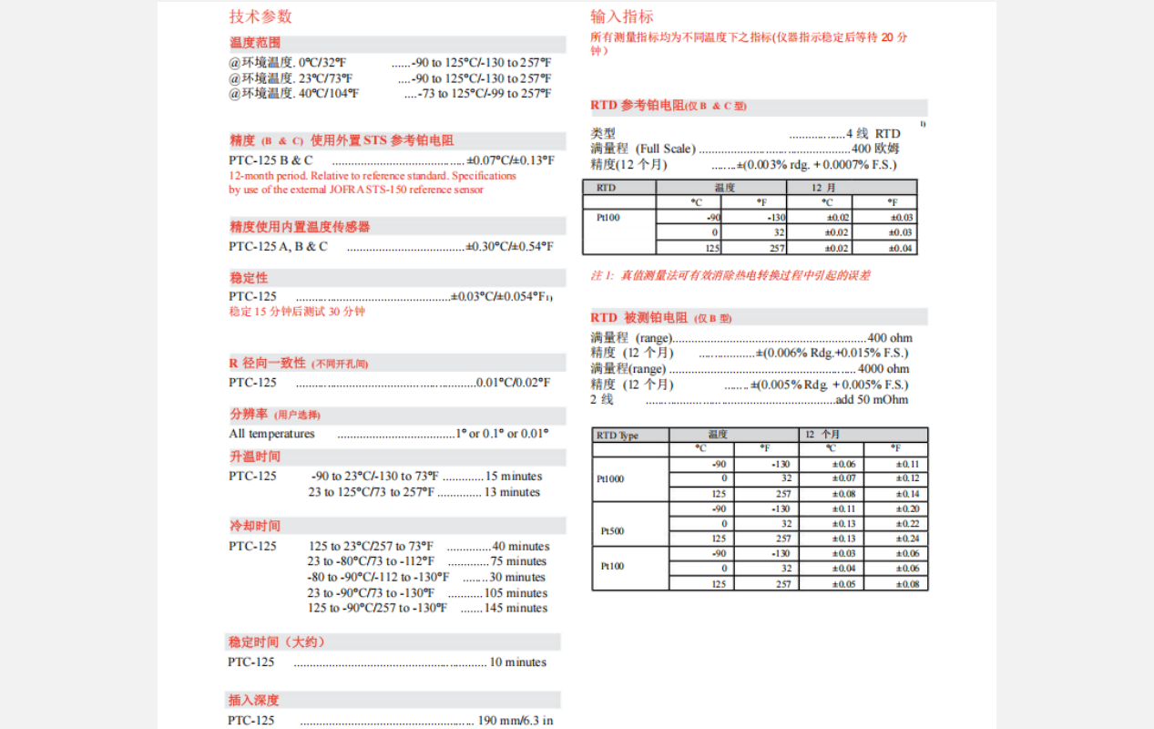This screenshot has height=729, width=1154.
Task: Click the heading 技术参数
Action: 260,16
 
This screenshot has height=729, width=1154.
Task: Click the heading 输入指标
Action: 622,16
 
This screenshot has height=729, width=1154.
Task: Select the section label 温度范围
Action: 255,43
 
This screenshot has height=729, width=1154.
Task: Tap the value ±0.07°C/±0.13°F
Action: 510,160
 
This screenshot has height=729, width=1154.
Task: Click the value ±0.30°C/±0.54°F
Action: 509,246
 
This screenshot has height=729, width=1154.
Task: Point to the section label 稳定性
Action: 249,278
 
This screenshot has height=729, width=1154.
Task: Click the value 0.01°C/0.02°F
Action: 514,383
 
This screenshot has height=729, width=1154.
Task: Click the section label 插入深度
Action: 254,701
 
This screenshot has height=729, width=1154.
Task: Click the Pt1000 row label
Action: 610,479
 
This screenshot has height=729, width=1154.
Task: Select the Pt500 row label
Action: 612,530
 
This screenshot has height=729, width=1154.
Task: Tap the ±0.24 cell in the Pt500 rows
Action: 907,539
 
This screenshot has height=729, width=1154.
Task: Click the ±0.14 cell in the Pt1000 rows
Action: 907,494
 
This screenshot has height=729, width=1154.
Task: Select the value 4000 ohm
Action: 883,369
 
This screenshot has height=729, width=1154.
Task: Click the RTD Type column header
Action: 618,436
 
